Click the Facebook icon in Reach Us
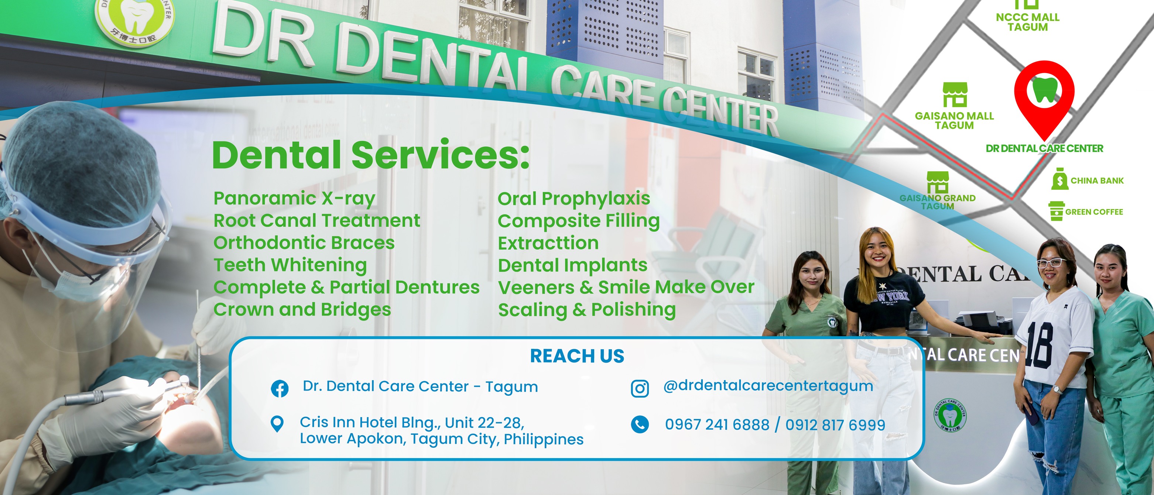pyautogui.click(x=280, y=388)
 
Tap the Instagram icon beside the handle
pyautogui.click(x=640, y=388)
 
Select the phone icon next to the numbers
pyautogui.click(x=640, y=424)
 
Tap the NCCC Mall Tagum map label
pyautogui.click(x=1027, y=22)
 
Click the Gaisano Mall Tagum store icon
pyautogui.click(x=955, y=94)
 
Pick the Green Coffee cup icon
pyautogui.click(x=1057, y=211)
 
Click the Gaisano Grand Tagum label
pyautogui.click(x=937, y=202)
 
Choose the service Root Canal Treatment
pyautogui.click(x=317, y=220)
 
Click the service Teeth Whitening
pyautogui.click(x=290, y=265)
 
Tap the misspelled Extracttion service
pyautogui.click(x=548, y=243)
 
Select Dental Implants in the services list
pyautogui.click(x=572, y=265)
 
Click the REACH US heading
pyautogui.click(x=577, y=356)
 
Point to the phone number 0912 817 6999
pyautogui.click(x=835, y=424)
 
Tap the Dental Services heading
pyautogui.click(x=370, y=155)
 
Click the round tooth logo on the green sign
pyautogui.click(x=134, y=18)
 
